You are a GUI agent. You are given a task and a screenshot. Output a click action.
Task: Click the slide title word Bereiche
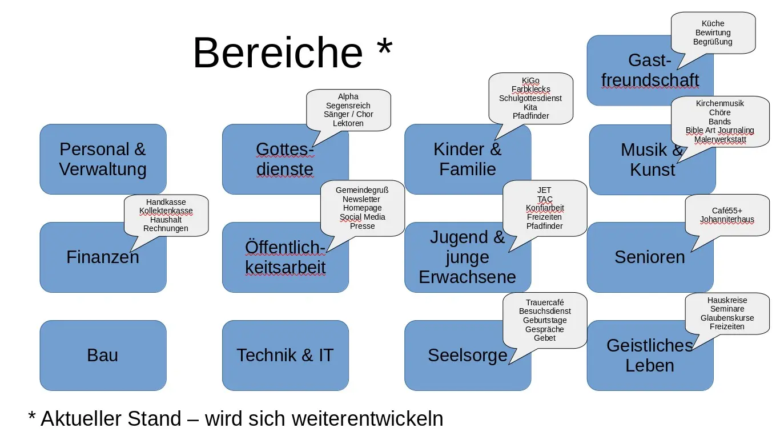click(278, 53)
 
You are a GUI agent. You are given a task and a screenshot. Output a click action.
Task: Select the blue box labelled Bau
click(103, 355)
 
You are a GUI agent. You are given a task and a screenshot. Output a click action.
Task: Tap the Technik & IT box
click(285, 355)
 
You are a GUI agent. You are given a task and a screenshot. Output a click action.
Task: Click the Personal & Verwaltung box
click(103, 159)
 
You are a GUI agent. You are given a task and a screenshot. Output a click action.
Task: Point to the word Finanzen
click(103, 257)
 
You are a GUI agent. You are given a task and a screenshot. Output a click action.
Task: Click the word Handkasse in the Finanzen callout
click(166, 202)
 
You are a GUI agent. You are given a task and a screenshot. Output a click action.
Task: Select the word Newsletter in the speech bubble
click(361, 199)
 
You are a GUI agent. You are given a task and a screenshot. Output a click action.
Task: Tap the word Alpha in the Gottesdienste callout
click(348, 97)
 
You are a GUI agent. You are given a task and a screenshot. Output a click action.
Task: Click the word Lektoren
click(348, 123)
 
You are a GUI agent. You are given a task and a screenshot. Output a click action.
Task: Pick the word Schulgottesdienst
click(530, 98)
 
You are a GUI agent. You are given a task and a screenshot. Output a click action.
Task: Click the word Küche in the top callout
click(713, 23)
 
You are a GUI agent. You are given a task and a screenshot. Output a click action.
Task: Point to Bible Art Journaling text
click(719, 130)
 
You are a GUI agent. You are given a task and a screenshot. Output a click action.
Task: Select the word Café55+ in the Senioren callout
click(727, 211)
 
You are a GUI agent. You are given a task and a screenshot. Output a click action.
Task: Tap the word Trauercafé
click(545, 302)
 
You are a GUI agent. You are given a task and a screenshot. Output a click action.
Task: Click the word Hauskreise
click(727, 300)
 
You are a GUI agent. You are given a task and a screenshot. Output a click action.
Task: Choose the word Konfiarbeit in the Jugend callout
click(545, 208)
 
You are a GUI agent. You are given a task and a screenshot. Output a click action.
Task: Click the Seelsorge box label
click(468, 355)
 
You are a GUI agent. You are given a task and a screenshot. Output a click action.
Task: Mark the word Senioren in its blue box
click(650, 257)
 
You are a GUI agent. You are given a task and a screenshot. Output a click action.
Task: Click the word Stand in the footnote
click(153, 418)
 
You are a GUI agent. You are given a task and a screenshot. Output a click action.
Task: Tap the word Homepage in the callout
click(362, 208)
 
